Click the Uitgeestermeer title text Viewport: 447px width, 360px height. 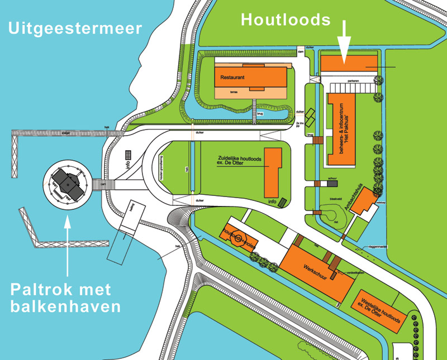tap(75, 28)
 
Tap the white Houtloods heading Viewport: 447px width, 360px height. tap(286, 20)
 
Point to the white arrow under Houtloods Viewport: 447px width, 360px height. tap(344, 42)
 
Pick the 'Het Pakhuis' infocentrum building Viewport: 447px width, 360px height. tap(342, 129)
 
